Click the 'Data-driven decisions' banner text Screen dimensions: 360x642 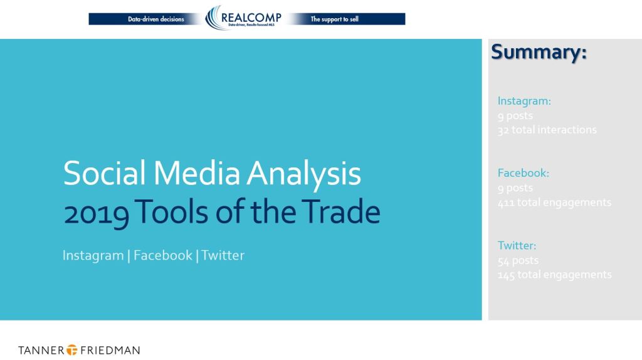[156, 19]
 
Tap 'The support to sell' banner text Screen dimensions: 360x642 [334, 19]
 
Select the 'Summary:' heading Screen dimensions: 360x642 [539, 52]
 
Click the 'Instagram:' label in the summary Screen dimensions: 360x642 [524, 101]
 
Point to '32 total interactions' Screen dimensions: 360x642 [547, 130]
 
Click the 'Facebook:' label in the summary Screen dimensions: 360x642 [523, 173]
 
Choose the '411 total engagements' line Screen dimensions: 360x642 [554, 202]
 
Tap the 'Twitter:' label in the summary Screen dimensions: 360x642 [517, 246]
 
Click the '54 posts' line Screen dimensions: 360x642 [518, 260]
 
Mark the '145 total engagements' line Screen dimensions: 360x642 [554, 275]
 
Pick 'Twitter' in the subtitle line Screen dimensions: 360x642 [223, 255]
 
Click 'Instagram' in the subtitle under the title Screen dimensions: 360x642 [93, 255]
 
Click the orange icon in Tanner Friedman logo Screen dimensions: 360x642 [73, 350]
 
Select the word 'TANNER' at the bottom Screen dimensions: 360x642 [41, 350]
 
